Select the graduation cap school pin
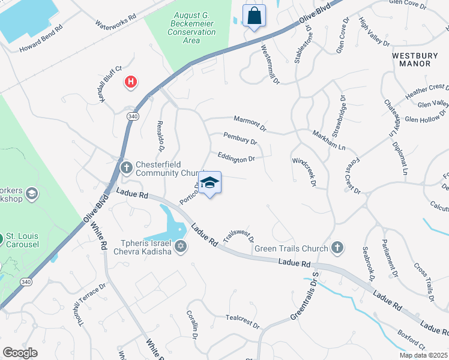click(x=209, y=183)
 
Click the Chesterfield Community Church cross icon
click(x=126, y=167)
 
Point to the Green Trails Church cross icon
click(x=337, y=248)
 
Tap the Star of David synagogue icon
click(x=180, y=246)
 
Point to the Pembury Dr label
click(x=240, y=139)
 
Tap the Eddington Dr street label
click(x=237, y=158)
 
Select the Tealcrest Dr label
click(x=243, y=322)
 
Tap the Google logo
click(x=20, y=352)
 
